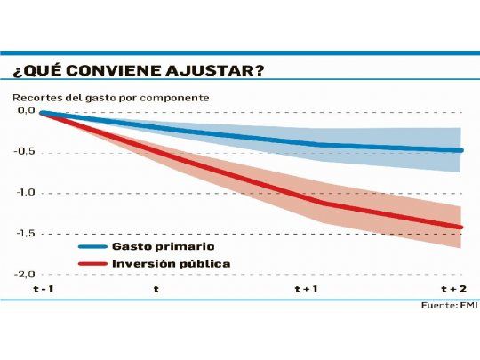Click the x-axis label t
(x=156, y=289)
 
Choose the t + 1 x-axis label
(x=308, y=289)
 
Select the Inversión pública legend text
(x=171, y=264)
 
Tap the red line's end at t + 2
(x=461, y=228)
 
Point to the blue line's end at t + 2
(x=461, y=150)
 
